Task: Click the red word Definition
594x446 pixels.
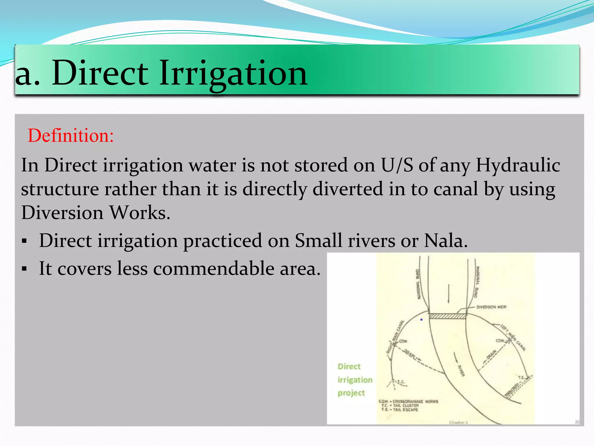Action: [70, 136]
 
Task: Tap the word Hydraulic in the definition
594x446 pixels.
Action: [518, 165]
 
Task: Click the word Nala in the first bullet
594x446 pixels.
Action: [445, 240]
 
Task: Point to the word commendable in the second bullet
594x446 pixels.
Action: [213, 268]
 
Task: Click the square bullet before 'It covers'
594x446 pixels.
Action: [24, 269]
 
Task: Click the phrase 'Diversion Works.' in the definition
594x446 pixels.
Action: [96, 213]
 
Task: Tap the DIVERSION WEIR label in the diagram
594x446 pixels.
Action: [491, 307]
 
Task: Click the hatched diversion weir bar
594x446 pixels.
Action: [448, 316]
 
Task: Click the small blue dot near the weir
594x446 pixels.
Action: [421, 320]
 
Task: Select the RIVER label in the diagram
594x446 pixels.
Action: [461, 371]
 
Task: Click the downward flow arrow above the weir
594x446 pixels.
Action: [449, 293]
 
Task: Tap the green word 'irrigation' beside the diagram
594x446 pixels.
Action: [355, 380]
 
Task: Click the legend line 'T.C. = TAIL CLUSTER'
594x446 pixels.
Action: [400, 405]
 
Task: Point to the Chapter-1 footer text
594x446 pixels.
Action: [458, 422]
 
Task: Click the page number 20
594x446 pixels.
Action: [577, 422]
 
